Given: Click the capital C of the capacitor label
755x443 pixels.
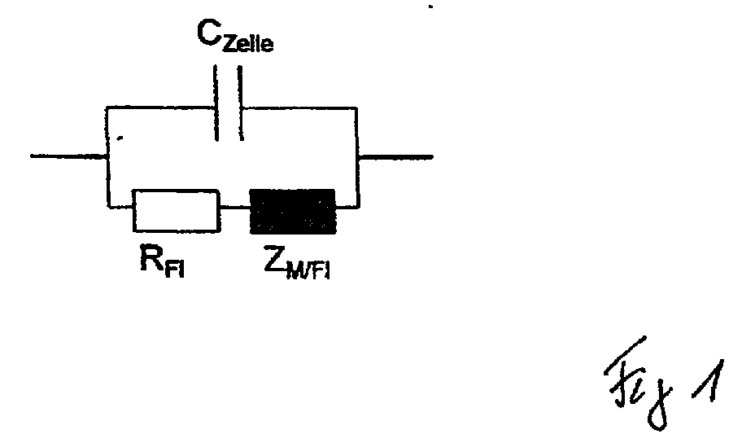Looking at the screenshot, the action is [208, 33].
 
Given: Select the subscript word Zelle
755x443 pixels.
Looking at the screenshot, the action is [248, 43].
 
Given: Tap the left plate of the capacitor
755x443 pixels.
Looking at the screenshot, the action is [216, 103].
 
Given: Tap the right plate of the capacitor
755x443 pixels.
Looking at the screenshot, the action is [240, 103].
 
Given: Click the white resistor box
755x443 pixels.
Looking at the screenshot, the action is [177, 211].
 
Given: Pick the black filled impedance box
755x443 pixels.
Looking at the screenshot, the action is [293, 211].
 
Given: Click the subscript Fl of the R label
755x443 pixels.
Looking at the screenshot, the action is [174, 269].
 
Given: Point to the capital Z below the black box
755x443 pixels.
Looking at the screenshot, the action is [275, 258].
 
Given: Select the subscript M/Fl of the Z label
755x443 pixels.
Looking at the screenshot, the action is [308, 270].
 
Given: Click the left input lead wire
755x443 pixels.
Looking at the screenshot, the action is [69, 156].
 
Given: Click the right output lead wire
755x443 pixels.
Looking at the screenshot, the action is [395, 156].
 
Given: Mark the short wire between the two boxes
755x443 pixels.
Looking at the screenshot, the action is [235, 208].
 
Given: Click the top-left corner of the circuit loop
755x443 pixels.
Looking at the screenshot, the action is [107, 107].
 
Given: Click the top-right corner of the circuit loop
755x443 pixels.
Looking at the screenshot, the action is [356, 108].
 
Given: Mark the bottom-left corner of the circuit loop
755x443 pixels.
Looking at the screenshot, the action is [109, 207].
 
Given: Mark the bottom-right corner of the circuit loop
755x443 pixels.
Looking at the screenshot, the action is [359, 208].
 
